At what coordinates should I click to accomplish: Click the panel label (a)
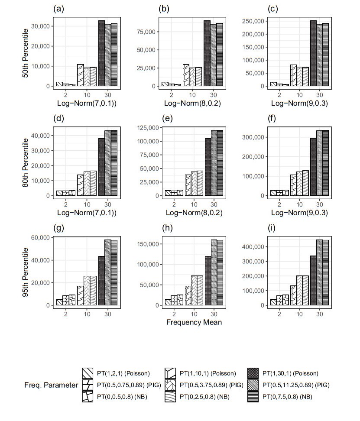click(57, 9)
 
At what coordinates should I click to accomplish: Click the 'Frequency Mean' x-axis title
click(194, 322)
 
